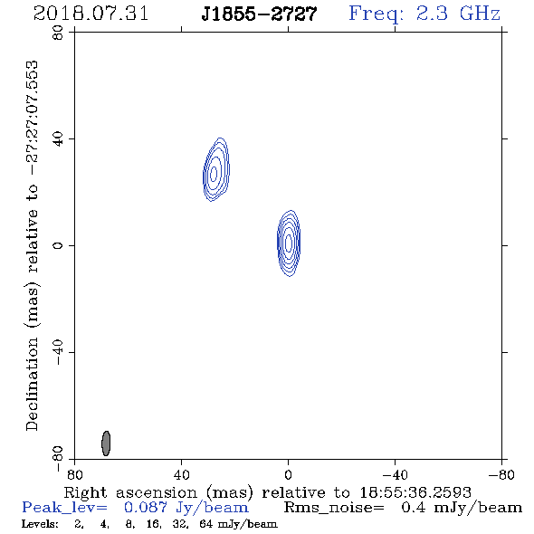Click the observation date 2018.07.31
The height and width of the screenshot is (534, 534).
[x=91, y=14]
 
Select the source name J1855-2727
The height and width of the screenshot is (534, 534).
[x=259, y=14]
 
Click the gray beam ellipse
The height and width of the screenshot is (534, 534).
[x=106, y=443]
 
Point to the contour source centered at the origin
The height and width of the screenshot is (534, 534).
[x=289, y=243]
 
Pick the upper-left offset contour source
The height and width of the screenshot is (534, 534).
[x=216, y=169]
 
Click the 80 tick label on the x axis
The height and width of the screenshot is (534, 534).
[x=74, y=475]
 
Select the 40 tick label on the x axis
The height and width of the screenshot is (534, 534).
[x=182, y=475]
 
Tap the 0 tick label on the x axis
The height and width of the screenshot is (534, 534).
[x=289, y=475]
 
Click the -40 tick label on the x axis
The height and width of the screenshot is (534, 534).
[x=395, y=475]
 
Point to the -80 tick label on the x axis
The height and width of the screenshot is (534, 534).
[x=501, y=475]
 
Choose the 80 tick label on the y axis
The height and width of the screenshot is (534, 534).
[x=58, y=33]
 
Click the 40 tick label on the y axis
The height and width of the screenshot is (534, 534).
[x=58, y=139]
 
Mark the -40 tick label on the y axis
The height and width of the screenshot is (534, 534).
[x=58, y=352]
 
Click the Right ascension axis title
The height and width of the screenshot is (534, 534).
[x=268, y=492]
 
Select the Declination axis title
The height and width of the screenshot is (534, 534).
[x=33, y=245]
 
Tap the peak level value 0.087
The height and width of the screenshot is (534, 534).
[x=146, y=508]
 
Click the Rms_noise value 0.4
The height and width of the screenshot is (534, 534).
[x=414, y=508]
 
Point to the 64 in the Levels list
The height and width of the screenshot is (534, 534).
[x=206, y=524]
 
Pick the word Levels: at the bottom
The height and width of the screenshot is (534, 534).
[x=40, y=524]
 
